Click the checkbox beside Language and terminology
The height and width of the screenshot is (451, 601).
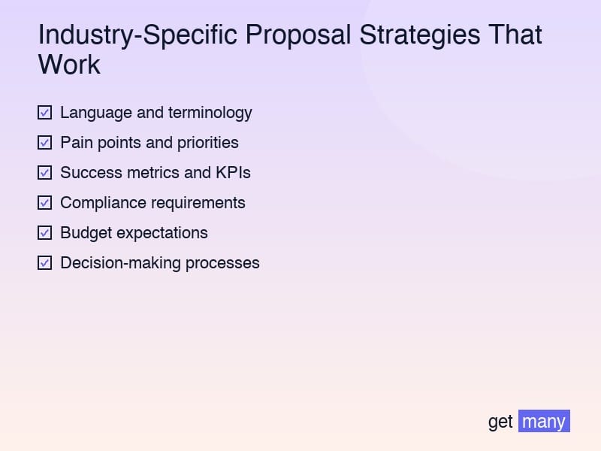tap(44, 113)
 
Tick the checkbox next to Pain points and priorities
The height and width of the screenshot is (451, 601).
tap(44, 143)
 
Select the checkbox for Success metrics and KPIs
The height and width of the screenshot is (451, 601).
tap(44, 173)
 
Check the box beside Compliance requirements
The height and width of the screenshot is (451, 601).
tap(44, 203)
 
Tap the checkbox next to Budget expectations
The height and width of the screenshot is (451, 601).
tap(44, 233)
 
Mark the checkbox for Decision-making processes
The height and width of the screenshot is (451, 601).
tap(44, 263)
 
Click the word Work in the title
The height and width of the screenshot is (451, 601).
tap(69, 65)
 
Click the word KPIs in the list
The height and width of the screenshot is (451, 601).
tap(233, 173)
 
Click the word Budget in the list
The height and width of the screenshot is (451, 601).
tap(86, 233)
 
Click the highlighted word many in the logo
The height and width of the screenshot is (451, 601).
tap(544, 421)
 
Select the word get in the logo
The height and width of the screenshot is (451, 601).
tap(500, 422)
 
